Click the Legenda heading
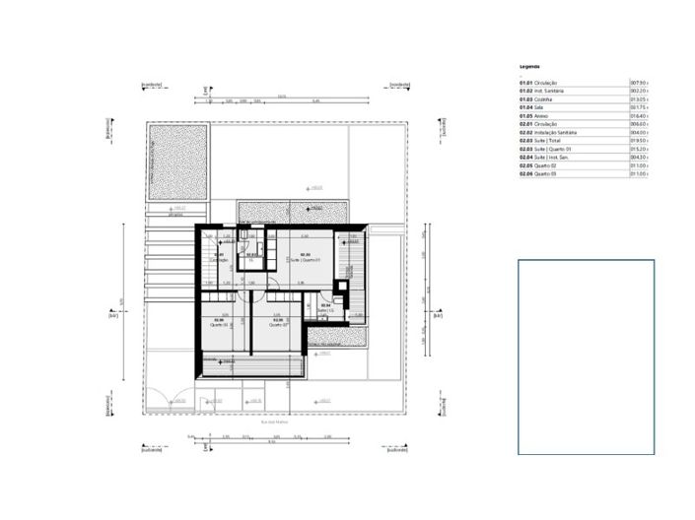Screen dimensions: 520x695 tap(529, 66)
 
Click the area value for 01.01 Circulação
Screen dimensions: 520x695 tap(639, 83)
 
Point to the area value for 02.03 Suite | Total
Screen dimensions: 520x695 tap(639, 141)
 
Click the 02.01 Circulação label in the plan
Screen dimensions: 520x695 tap(219, 258)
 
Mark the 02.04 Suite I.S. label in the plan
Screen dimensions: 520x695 tap(326, 307)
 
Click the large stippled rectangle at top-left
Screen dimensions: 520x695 tap(177, 162)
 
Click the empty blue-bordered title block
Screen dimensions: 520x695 tap(586, 357)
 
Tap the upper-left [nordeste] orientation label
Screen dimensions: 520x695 tap(152, 86)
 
